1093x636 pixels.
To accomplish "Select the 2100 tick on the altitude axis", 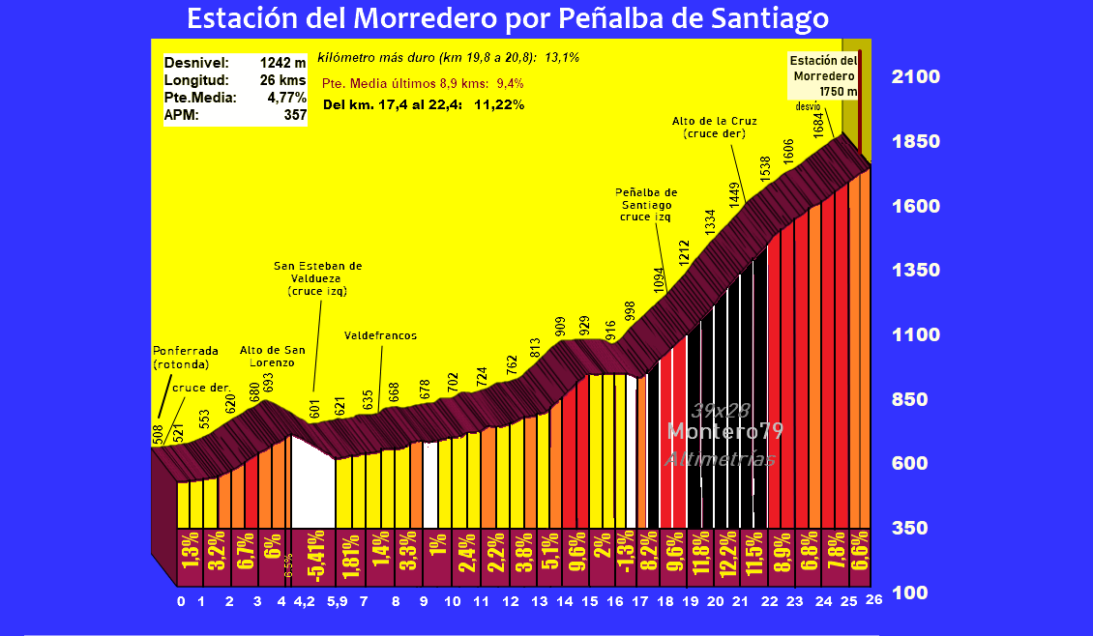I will tap(915, 77).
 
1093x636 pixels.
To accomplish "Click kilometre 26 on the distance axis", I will tap(874, 601).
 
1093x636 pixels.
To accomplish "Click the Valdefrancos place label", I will tap(380, 335).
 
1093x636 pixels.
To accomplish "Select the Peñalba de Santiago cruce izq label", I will tap(645, 205).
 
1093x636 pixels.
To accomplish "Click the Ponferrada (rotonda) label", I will tap(186, 357).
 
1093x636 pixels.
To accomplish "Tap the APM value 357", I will tap(293, 115).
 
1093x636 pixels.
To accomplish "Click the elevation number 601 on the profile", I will tap(314, 407).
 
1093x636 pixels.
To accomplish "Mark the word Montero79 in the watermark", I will tap(725, 431).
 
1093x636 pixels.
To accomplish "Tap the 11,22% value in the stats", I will tap(499, 104).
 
